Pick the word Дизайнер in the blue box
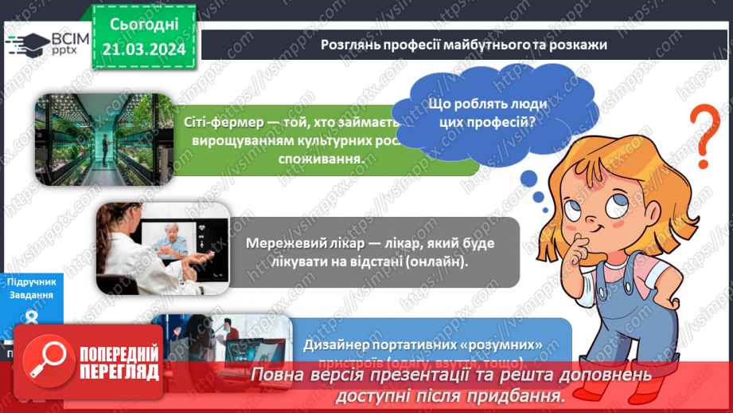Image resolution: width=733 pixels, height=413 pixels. [x=338, y=344]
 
